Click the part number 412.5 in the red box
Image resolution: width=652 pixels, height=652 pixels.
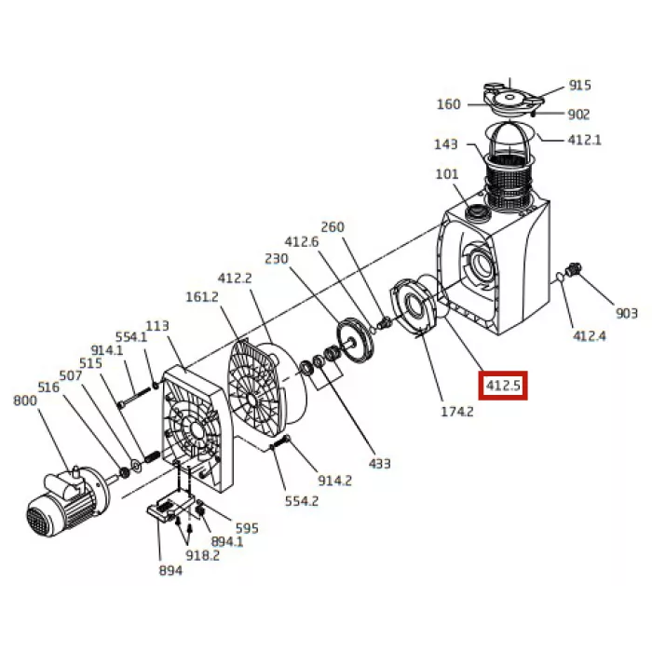503,386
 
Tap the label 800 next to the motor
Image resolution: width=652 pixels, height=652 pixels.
25,401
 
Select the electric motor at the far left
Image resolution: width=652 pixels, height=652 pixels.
66,501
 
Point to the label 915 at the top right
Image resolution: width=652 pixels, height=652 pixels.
579,86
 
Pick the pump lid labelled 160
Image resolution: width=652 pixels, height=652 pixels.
513,100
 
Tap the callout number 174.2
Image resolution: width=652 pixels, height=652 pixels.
457,412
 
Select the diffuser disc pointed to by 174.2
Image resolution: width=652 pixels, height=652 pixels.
413,306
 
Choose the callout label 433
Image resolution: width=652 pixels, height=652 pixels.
379,464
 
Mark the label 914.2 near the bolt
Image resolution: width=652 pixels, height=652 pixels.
334,481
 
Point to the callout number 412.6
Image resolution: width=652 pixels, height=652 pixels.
302,241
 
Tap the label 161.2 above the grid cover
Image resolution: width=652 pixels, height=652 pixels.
202,297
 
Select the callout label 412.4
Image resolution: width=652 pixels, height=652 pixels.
590,336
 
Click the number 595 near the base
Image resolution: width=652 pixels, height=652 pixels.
247,528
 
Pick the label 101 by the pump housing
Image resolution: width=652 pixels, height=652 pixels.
446,174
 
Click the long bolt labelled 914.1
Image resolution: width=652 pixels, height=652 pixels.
134,397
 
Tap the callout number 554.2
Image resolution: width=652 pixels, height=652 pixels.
302,501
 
